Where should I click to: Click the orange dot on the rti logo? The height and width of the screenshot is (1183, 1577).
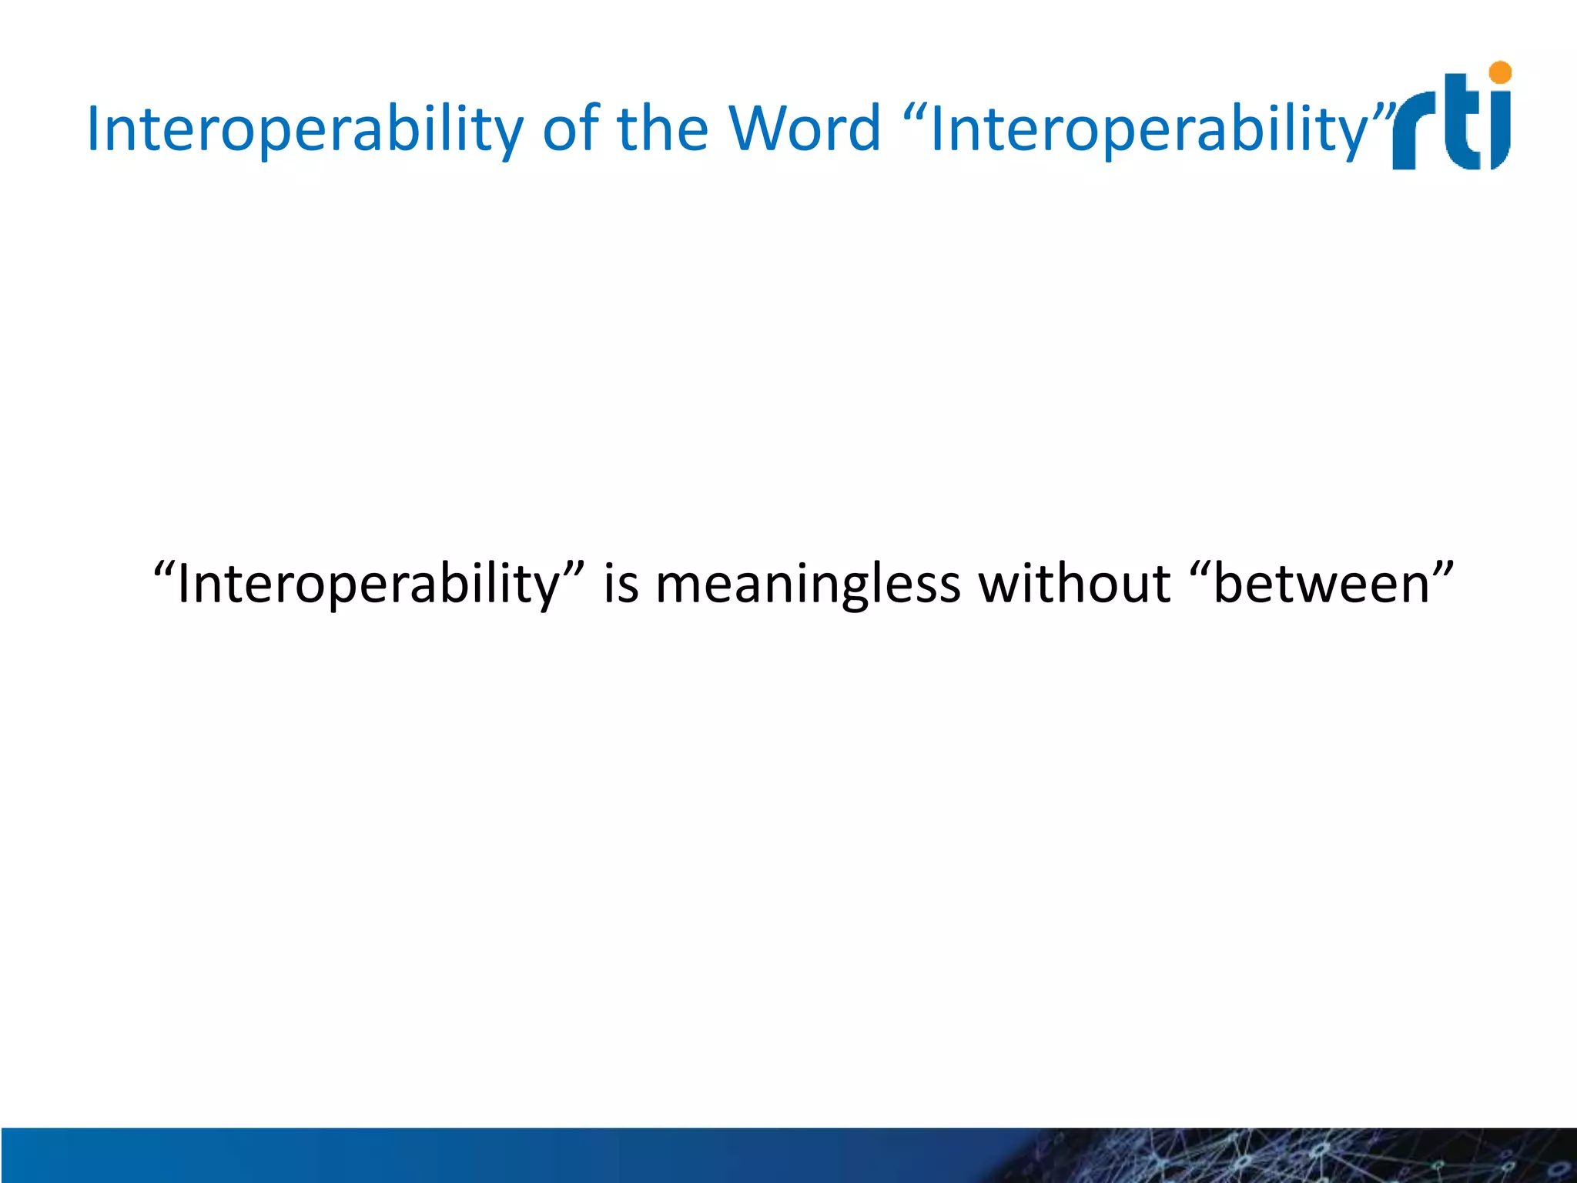[x=1500, y=73]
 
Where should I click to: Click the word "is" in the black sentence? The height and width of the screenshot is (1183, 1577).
[x=621, y=584]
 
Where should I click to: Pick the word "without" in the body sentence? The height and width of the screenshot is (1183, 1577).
[x=1074, y=584]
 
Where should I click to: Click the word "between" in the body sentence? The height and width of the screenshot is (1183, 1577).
[x=1321, y=584]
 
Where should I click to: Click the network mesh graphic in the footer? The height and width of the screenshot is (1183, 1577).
[x=1309, y=1155]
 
